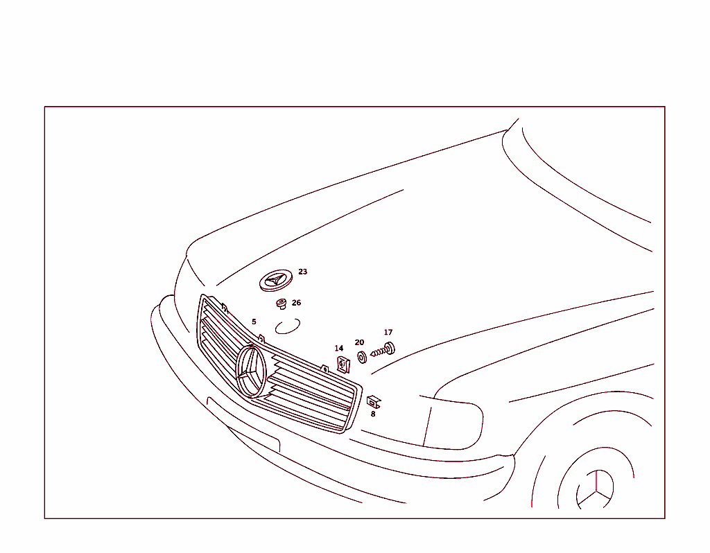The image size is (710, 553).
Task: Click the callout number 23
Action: [x=302, y=272]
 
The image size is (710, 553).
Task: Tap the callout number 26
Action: [x=296, y=303]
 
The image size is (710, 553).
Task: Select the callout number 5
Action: [x=254, y=322]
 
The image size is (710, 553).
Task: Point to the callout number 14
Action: [x=338, y=348]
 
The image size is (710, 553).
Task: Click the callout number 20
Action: [x=359, y=342]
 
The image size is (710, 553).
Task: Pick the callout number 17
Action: [x=388, y=333]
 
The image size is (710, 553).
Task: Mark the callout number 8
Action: [x=372, y=414]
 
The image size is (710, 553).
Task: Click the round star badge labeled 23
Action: [x=275, y=281]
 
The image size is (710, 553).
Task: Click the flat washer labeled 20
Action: [x=362, y=357]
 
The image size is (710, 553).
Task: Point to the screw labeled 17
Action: [x=383, y=349]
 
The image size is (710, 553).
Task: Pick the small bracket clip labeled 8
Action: [x=374, y=401]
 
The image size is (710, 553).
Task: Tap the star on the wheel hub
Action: [x=596, y=489]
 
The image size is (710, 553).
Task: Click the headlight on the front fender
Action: [x=454, y=423]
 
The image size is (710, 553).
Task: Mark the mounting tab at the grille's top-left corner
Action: [x=224, y=306]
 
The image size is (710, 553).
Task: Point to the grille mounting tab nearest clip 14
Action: [x=324, y=368]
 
